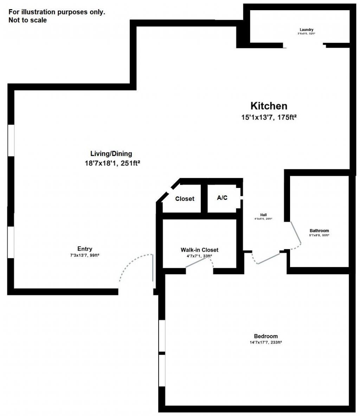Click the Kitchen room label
coord(269,106)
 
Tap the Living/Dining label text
coord(111,153)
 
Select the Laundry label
coord(306,30)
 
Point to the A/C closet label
coord(222,198)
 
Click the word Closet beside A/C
coord(185,199)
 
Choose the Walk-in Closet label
coord(199,250)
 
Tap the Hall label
coord(263,215)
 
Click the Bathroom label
coord(319,231)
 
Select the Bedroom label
coord(266,336)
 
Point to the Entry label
coord(85,249)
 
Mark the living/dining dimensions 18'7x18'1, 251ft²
coord(111,163)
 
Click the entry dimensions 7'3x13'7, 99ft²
coord(85,255)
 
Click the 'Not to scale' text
coord(27,20)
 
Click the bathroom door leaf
coord(295,233)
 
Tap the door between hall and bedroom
coord(269,258)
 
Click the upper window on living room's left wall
coord(11,140)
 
